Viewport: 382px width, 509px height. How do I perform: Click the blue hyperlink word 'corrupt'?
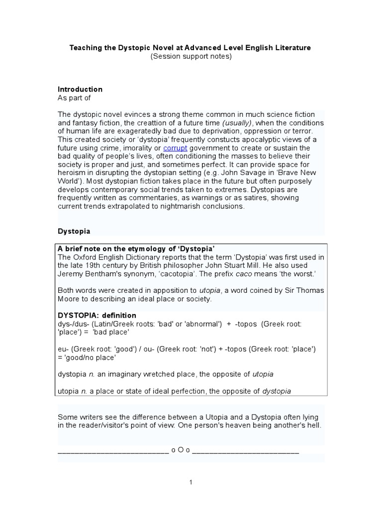click(x=175, y=148)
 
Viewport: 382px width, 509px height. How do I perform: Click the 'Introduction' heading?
click(x=80, y=89)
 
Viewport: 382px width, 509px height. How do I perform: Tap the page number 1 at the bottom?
click(x=191, y=482)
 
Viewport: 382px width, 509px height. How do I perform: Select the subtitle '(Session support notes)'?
click(x=191, y=57)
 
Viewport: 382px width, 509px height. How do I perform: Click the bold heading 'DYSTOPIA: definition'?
click(x=97, y=316)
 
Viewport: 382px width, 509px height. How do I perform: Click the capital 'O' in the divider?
click(x=181, y=451)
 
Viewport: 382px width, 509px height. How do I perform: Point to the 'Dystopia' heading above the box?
click(x=74, y=232)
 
